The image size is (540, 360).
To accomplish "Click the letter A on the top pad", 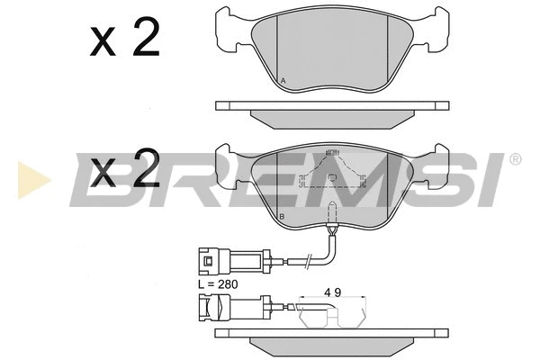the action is (x=283, y=81).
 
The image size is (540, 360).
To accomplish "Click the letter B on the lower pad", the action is (x=282, y=217).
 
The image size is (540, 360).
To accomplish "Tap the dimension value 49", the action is (x=332, y=292).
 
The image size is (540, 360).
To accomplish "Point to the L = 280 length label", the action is (x=219, y=284).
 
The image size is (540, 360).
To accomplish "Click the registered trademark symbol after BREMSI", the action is (x=515, y=159).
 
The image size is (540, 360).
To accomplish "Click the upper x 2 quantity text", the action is (x=125, y=37).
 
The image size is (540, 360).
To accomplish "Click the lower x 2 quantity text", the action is (x=125, y=167).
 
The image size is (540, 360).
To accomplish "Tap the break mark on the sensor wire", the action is (x=309, y=261).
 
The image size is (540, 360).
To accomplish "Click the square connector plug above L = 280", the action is (x=209, y=261).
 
